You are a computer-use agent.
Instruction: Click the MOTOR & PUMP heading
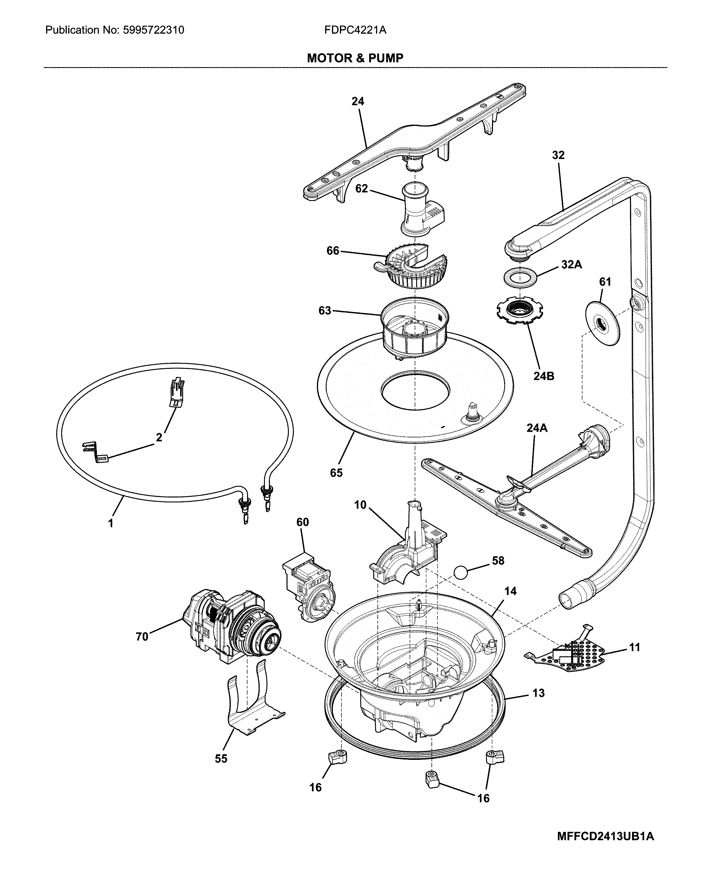coord(355,58)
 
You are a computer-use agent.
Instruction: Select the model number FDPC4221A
coord(355,30)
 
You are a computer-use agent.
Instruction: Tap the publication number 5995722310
coord(153,30)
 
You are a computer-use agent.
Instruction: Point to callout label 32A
coord(571,265)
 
